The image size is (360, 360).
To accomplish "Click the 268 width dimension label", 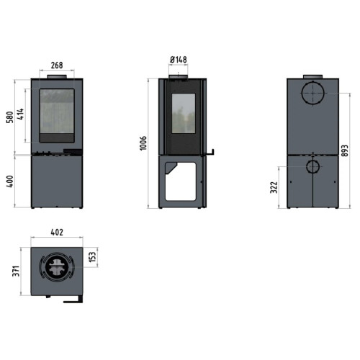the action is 57,65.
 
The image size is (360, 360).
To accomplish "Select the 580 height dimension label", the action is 10,117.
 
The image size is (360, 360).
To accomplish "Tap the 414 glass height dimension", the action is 21,114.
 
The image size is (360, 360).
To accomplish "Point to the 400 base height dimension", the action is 10,181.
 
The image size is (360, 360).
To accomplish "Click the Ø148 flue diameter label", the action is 179,60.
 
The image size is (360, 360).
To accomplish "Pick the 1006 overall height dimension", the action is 143,143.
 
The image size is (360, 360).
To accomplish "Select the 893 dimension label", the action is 345,150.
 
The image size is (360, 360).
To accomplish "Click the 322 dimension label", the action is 274,187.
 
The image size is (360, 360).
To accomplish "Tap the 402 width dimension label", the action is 57,233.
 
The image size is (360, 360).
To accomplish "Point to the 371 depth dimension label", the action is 16,271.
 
